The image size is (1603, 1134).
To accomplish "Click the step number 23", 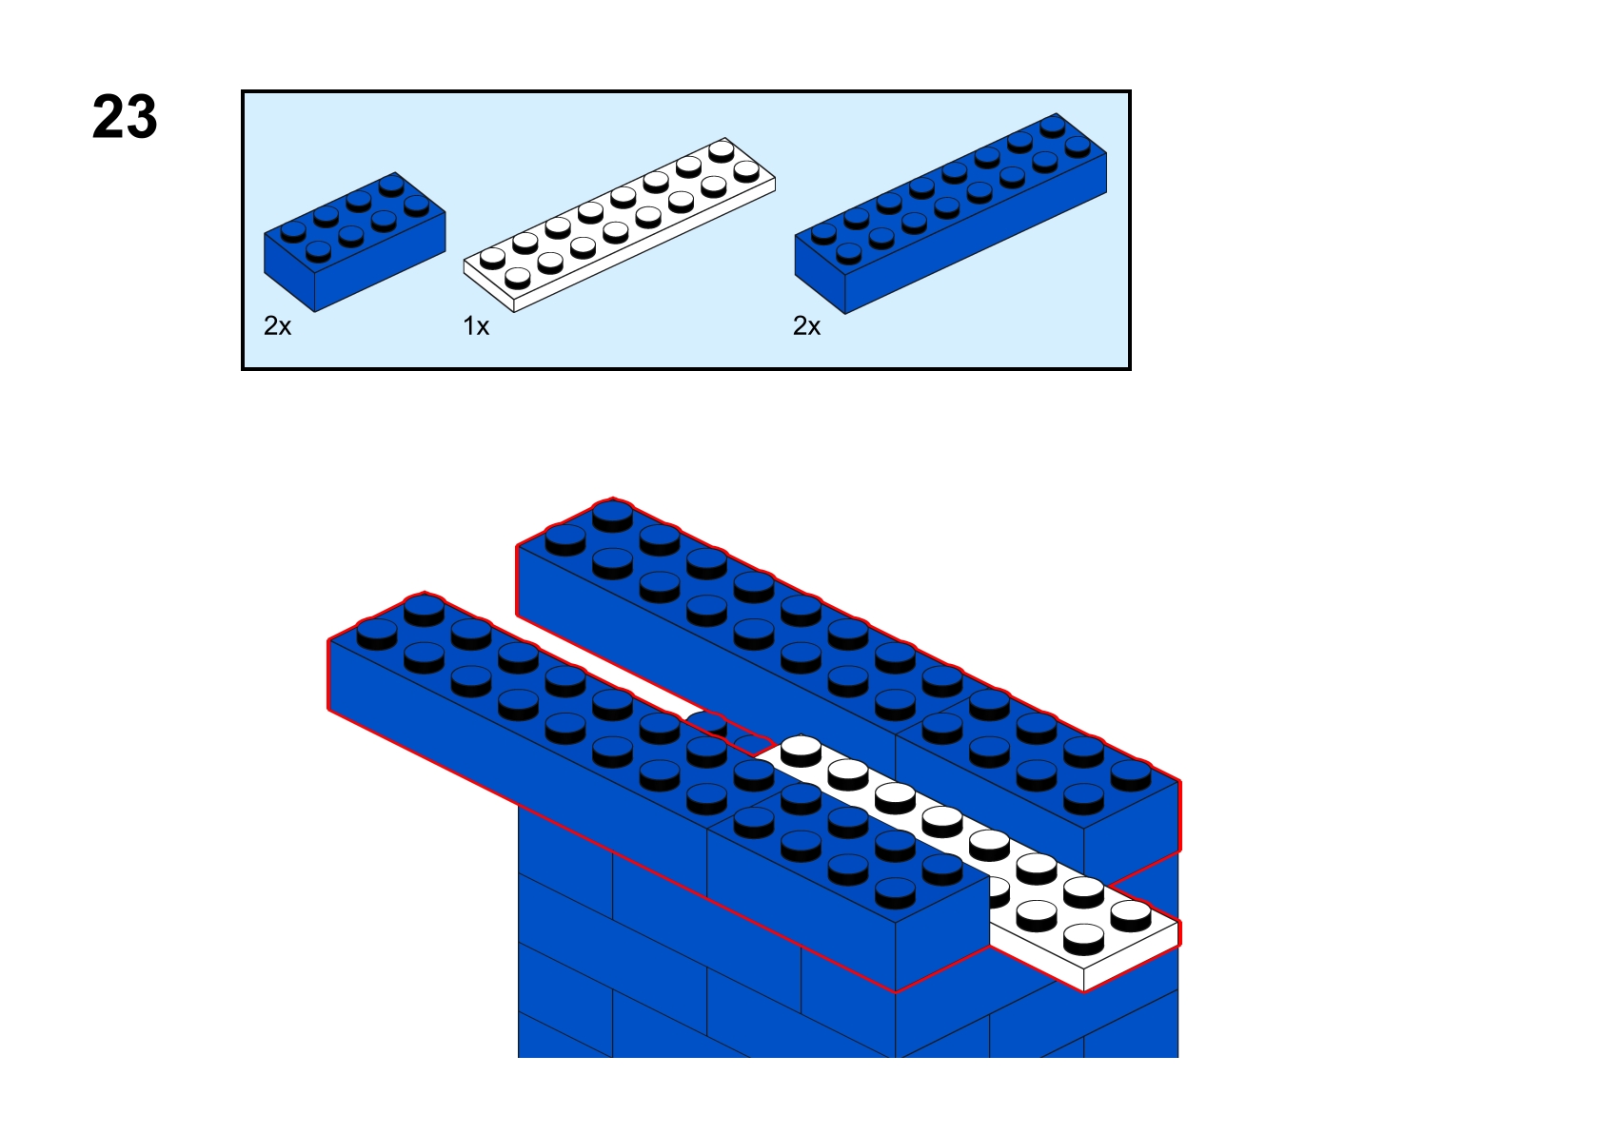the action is click(125, 117).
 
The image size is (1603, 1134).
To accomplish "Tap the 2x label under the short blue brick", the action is click(278, 326).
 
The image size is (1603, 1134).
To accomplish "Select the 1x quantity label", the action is click(476, 326).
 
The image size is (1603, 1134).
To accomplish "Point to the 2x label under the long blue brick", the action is click(806, 326).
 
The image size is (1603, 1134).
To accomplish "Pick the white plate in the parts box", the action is click(619, 225).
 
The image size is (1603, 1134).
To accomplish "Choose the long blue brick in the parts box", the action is click(950, 213).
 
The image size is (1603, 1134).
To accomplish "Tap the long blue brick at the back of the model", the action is click(716, 629).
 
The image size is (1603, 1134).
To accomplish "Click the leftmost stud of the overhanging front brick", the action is click(377, 634).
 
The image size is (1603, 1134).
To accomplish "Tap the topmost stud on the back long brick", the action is click(613, 516).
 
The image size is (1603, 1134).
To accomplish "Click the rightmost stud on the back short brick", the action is click(1131, 775).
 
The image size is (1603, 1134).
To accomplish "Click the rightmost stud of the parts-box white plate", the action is click(745, 171).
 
